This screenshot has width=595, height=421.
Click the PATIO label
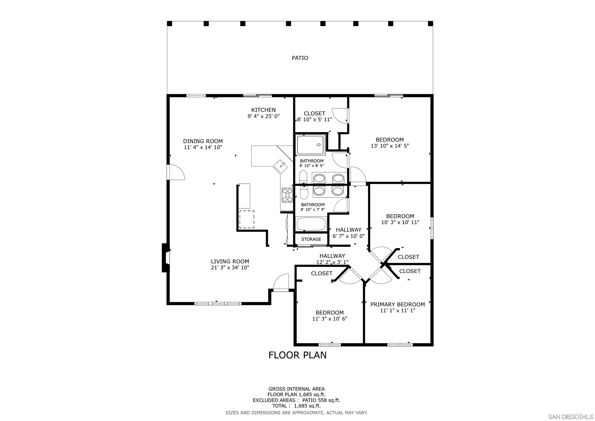click(300, 58)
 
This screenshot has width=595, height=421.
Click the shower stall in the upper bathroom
click(310, 145)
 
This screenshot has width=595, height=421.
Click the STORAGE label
click(311, 239)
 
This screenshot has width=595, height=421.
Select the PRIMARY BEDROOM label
click(397, 304)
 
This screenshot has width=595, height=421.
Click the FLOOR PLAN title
click(297, 355)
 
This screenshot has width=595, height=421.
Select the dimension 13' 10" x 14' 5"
click(390, 146)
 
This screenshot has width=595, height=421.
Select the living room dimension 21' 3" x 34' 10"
click(230, 267)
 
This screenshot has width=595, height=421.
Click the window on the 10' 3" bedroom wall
click(432, 228)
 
